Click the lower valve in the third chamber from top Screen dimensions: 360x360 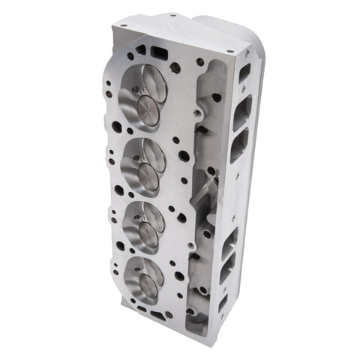[145, 238]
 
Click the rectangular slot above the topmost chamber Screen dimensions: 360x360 [159, 52]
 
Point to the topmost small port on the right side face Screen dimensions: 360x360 [245, 72]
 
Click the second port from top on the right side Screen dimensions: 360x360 [241, 111]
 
